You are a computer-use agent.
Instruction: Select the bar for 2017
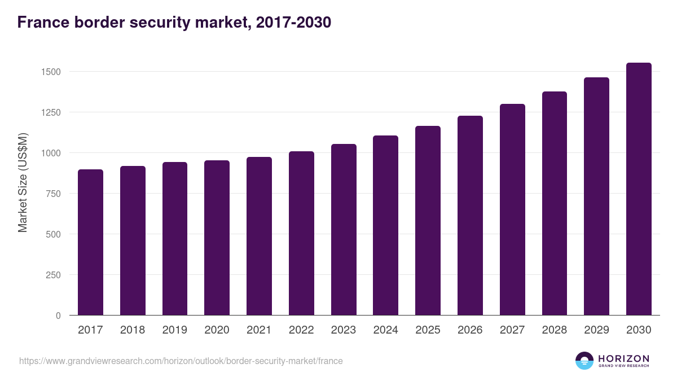tap(90, 243)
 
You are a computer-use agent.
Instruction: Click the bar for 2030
tap(639, 189)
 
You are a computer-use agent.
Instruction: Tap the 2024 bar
tap(385, 226)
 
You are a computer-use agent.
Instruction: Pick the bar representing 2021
tap(259, 236)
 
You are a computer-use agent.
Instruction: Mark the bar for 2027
tap(512, 209)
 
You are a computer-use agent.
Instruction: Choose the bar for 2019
tap(175, 239)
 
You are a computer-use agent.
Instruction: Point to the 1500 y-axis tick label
tap(50, 72)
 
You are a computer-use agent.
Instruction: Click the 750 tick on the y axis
tap(53, 194)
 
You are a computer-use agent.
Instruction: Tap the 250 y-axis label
tap(53, 275)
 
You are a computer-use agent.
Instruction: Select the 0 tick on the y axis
tap(58, 316)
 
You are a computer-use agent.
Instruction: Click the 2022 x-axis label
tap(301, 330)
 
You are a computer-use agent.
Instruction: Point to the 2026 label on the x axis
tap(470, 330)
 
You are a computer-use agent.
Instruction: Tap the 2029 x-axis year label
tap(596, 330)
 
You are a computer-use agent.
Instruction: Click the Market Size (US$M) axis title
tap(23, 182)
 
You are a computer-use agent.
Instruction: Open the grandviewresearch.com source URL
tap(181, 361)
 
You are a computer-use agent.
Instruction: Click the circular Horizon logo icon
tap(584, 361)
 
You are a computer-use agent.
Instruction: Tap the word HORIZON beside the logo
tap(623, 358)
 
